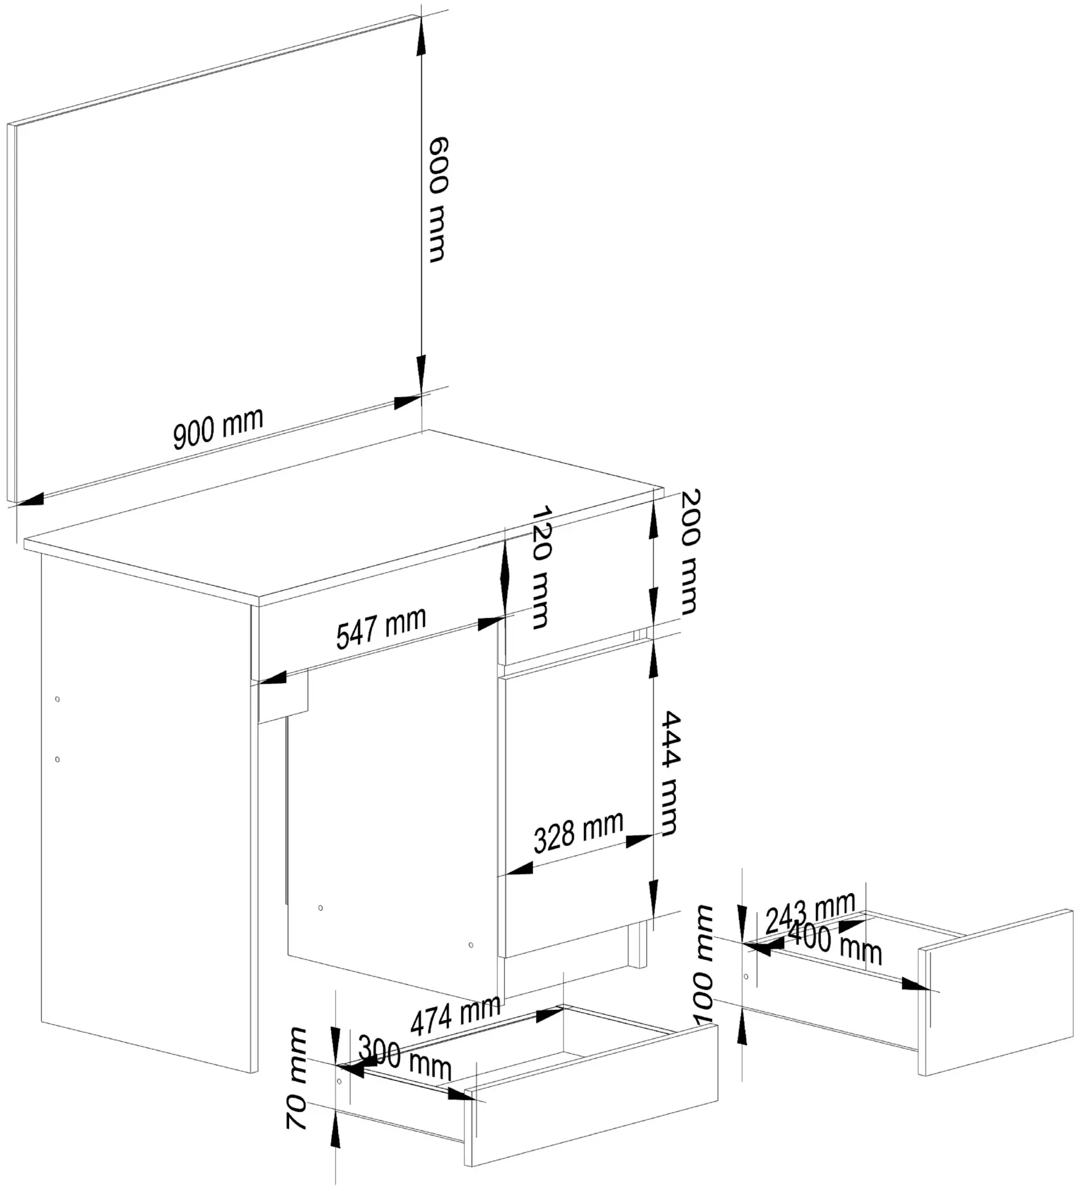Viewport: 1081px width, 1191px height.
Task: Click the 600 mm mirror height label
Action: coord(438,199)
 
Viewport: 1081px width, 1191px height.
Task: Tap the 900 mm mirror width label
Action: coord(218,428)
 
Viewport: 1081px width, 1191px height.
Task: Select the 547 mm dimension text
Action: coord(381,628)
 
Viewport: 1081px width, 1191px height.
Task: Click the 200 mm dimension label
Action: coord(689,552)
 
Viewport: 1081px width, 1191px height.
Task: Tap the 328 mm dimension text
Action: coord(578,832)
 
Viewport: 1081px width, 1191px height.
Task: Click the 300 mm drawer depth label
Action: coord(405,1057)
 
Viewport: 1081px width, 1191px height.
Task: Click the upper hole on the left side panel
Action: coord(57,699)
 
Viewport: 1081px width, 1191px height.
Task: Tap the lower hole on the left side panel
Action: coord(57,759)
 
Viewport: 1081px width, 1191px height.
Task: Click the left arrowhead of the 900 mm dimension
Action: coord(30,500)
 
